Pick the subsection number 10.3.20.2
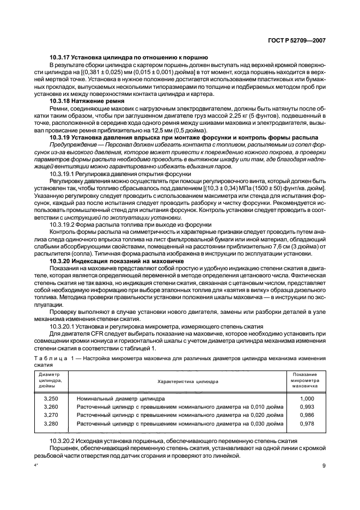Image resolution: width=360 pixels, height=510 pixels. tap(63, 440)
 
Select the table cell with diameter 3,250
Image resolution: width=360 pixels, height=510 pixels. tap(50, 399)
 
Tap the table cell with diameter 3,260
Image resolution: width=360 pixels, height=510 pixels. tap(50, 407)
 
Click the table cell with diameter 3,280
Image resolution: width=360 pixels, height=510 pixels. tap(50, 423)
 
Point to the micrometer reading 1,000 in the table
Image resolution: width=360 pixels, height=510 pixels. tap(308, 399)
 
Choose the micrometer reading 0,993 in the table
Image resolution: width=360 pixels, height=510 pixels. tap(308, 407)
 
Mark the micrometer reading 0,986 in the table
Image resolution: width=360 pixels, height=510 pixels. tap(308, 415)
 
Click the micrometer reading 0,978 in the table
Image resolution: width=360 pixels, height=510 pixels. tap(308, 423)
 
